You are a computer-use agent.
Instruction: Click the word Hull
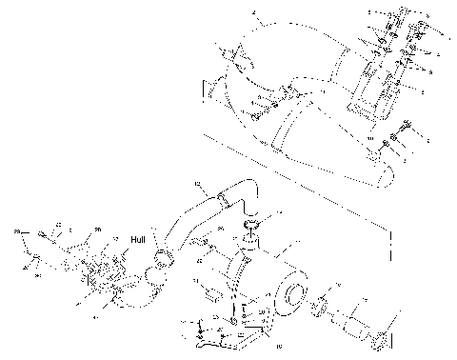point(138,240)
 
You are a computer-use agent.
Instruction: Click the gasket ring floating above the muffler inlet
point(252,226)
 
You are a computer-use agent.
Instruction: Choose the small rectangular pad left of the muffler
point(211,296)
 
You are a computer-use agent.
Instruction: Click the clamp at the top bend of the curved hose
point(222,200)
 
